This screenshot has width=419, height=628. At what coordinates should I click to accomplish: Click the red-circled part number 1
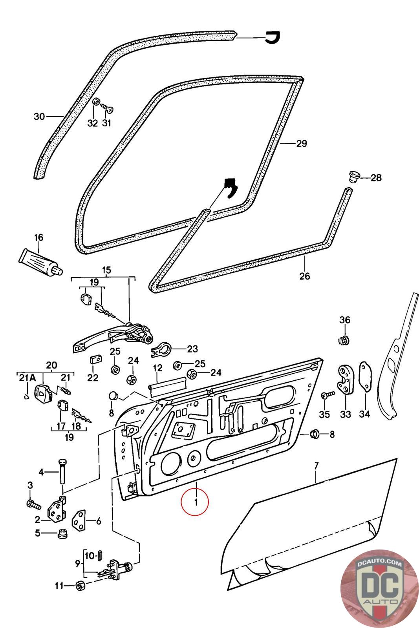pyautogui.click(x=196, y=502)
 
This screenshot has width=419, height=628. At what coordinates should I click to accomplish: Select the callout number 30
pyautogui.click(x=39, y=116)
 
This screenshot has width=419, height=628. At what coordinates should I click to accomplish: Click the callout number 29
pyautogui.click(x=302, y=144)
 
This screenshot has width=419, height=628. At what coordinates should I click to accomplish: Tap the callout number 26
pyautogui.click(x=305, y=276)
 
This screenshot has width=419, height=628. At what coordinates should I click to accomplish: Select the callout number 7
pyautogui.click(x=317, y=466)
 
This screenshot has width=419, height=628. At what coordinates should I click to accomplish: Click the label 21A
pyautogui.click(x=27, y=378)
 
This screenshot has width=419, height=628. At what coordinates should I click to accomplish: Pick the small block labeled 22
pyautogui.click(x=96, y=359)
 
